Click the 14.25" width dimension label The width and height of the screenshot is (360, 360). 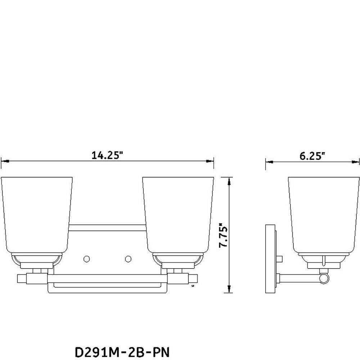107,156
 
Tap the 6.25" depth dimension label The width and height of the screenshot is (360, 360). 312,156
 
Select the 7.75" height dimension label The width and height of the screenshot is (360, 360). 224,235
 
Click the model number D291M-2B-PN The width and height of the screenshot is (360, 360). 122,352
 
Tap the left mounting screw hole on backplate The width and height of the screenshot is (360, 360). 86,259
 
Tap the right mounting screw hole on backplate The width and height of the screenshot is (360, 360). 128,259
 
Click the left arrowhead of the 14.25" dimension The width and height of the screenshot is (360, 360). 5,161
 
